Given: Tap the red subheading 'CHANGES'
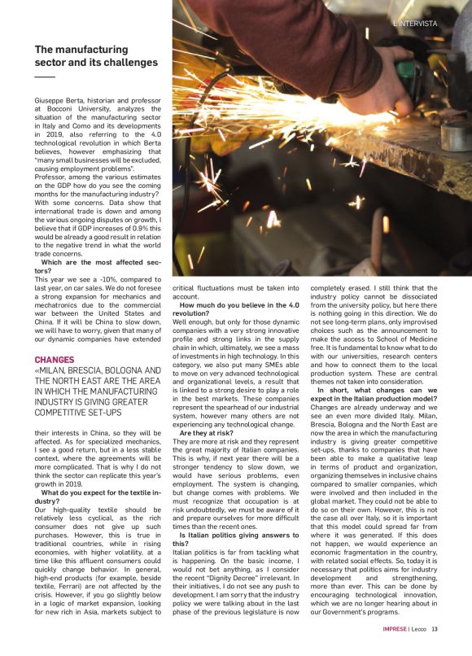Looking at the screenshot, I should click(x=55, y=359).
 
